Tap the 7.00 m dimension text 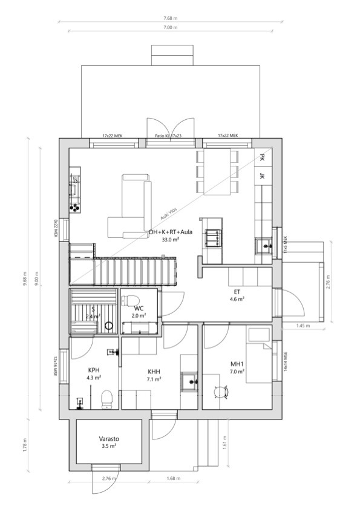tap(171, 27)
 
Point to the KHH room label tap(154, 372)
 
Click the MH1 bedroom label tap(237, 364)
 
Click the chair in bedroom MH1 tap(220, 393)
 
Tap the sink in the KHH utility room tap(189, 382)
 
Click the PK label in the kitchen tap(262, 157)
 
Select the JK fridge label tap(262, 176)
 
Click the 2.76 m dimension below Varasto tap(109, 479)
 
